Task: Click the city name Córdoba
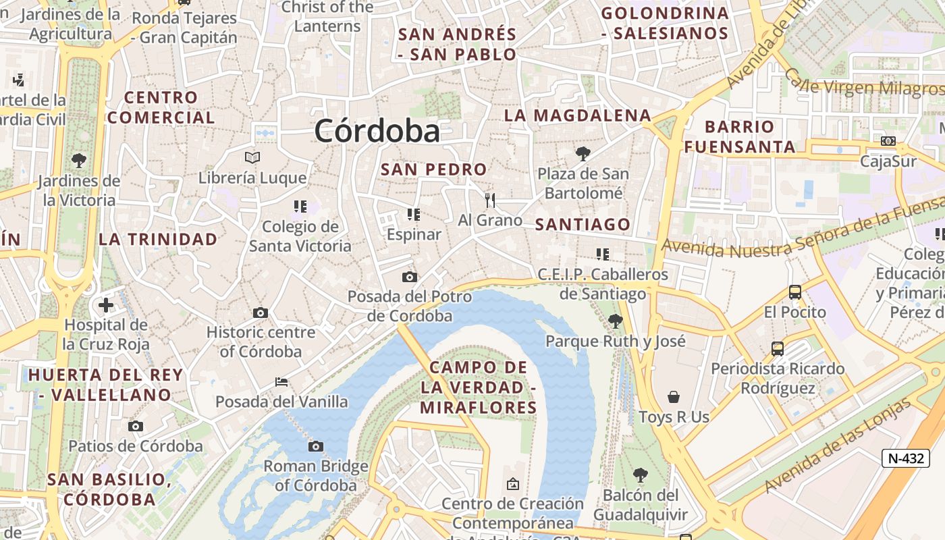[377, 130]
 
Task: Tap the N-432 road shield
[905, 458]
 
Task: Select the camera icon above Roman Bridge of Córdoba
[315, 446]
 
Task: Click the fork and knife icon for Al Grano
[490, 200]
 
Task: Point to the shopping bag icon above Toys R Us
[673, 396]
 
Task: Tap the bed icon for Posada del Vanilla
[281, 382]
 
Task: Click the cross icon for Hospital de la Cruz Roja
[106, 305]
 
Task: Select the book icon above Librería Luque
[252, 157]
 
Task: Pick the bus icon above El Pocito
[795, 292]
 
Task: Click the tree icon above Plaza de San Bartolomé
[583, 153]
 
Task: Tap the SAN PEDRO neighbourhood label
[433, 169]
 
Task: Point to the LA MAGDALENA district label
[577, 115]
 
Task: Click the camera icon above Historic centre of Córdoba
[261, 313]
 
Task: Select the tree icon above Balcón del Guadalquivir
[640, 475]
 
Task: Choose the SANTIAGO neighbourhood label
[583, 225]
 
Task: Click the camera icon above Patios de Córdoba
[136, 426]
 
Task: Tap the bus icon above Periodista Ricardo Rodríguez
[778, 348]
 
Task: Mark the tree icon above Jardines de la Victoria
[79, 161]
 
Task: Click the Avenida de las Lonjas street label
[838, 446]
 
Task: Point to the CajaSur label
[888, 161]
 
